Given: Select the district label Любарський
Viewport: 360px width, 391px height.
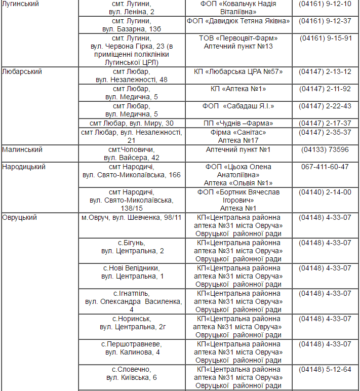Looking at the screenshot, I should coord(22,71).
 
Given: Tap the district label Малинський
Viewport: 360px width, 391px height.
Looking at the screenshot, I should coord(22,149).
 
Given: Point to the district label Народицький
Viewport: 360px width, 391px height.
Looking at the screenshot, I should coord(24,167).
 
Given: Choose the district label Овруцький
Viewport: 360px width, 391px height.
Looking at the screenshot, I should coord(20,217).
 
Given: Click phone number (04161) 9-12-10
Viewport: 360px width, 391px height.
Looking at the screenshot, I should coord(325,4).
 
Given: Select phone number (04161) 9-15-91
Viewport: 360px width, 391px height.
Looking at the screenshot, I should coord(325,38).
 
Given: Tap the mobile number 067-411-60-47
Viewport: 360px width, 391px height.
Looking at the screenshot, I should coord(325,167).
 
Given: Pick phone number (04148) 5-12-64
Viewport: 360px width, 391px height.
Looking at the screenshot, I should coord(325,369).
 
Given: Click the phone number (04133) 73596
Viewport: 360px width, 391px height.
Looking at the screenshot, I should coord(325,149).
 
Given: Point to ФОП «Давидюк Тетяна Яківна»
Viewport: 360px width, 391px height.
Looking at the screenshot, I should coord(238,21).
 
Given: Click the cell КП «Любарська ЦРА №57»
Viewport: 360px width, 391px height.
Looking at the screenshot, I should coord(238,71).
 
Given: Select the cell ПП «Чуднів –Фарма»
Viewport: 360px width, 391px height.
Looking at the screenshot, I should coord(238,123).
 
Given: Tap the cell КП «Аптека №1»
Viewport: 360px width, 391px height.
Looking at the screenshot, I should coord(238,89).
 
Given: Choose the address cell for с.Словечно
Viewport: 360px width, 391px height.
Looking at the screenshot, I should coord(131,373).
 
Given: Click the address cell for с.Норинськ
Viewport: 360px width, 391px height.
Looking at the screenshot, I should coord(131,323).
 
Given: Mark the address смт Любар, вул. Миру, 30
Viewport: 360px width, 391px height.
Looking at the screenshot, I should coord(131,123).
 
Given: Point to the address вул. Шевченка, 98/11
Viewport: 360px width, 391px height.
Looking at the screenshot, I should coord(131,217).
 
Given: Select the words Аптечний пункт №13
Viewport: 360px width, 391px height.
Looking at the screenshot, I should coord(238,46).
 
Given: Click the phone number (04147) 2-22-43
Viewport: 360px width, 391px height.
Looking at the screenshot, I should coord(325,106).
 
